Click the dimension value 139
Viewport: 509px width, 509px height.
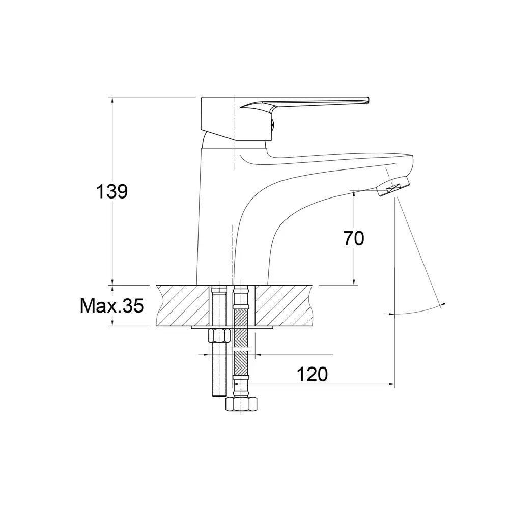click(x=111, y=191)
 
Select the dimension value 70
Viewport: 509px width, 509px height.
click(x=354, y=239)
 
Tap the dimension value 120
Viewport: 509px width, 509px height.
click(x=313, y=374)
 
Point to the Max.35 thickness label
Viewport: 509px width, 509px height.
click(x=111, y=306)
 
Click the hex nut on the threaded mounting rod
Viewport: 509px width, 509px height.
click(x=219, y=335)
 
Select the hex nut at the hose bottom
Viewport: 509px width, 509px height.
click(x=241, y=404)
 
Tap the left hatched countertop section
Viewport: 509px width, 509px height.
click(x=182, y=305)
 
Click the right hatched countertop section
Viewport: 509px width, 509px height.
click(x=284, y=305)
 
